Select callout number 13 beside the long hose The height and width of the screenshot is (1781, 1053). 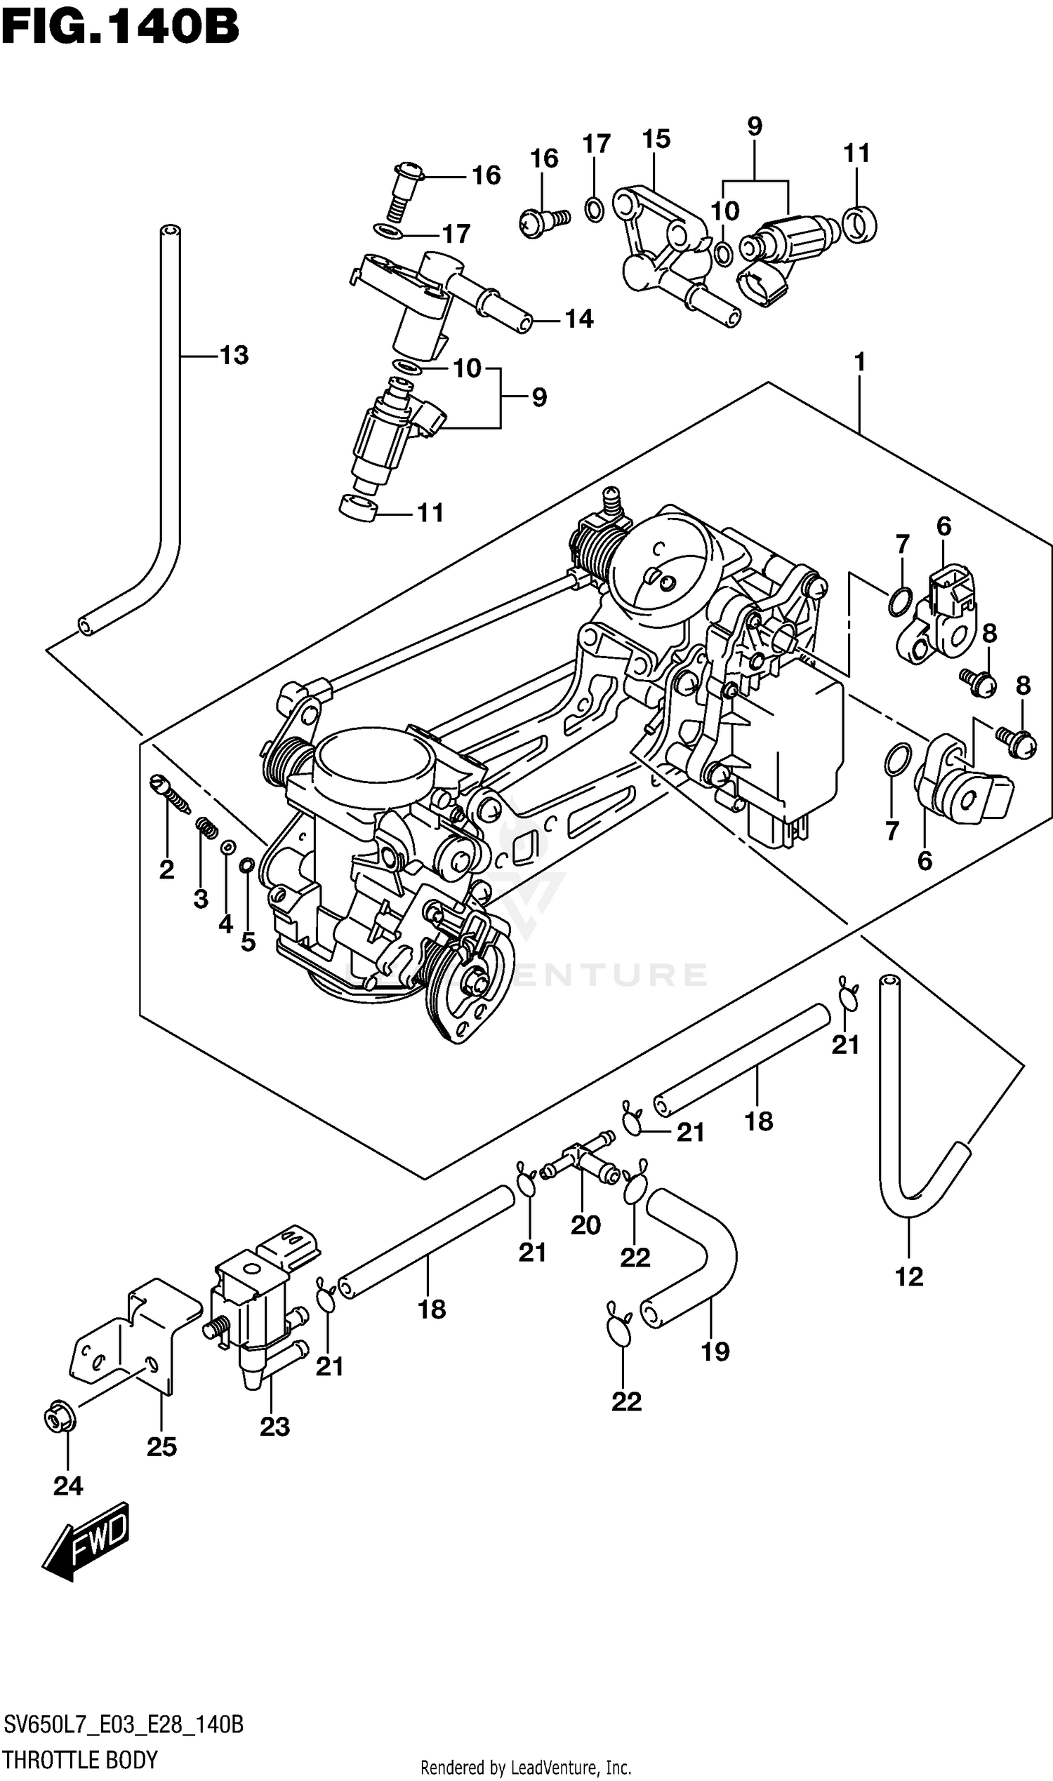point(234,354)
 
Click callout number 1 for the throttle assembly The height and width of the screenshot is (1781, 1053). point(859,362)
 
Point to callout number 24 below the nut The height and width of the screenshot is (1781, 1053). point(68,1486)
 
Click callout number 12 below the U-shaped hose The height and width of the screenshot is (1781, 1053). point(909,1276)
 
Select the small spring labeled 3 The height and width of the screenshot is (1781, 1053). point(206,828)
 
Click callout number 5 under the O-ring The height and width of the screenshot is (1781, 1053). point(248,942)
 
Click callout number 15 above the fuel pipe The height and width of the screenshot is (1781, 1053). point(656,139)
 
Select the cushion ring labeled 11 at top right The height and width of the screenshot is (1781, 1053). point(860,224)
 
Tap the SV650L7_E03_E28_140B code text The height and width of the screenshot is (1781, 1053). point(124,1724)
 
